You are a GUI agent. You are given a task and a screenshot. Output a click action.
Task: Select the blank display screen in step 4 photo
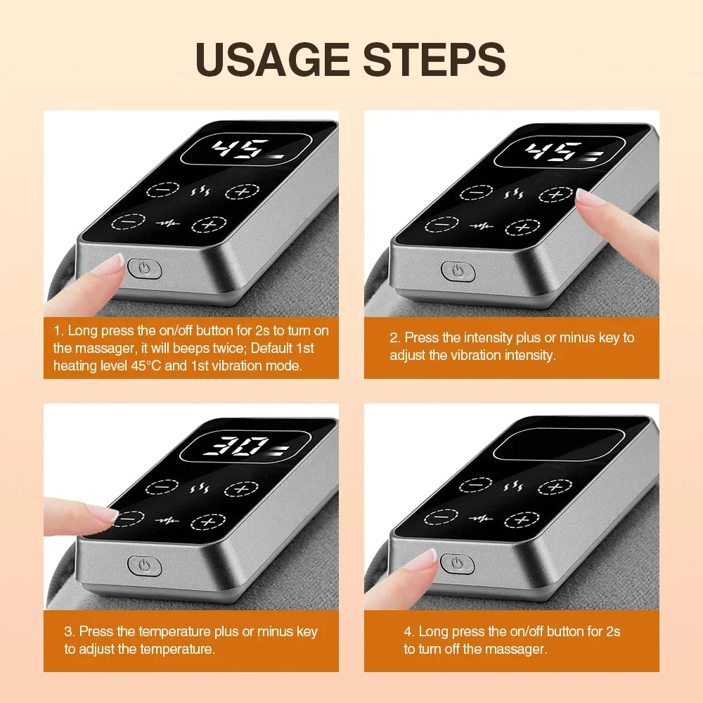pyautogui.click(x=559, y=445)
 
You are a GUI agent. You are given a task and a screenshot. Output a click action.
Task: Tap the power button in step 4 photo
pyautogui.click(x=458, y=562)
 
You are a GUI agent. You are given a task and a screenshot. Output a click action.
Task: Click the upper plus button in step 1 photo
pyautogui.click(x=242, y=191)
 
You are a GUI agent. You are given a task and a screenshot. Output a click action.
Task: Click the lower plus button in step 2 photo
pyautogui.click(x=522, y=227)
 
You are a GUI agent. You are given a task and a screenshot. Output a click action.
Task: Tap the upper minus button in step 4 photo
pyautogui.click(x=476, y=485)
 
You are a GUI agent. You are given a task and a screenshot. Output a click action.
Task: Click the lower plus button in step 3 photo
pyautogui.click(x=208, y=522)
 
